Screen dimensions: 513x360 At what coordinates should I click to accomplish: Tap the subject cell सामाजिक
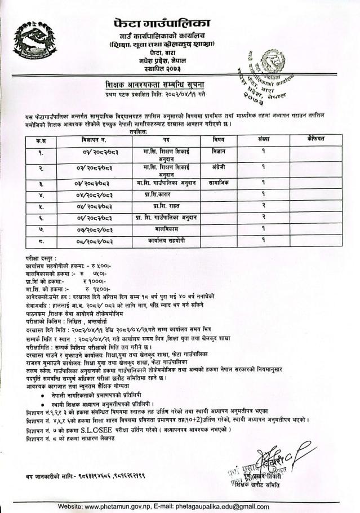[219, 183]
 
